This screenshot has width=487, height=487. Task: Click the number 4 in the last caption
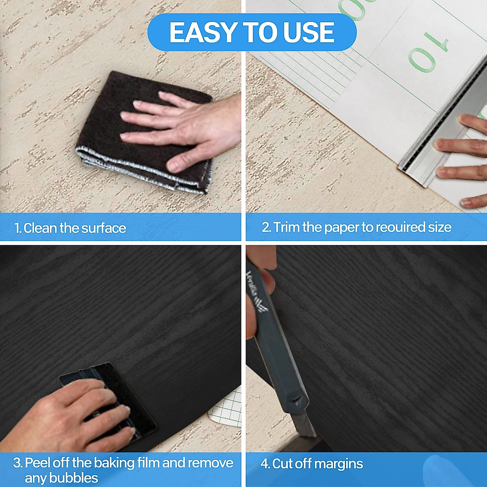point(265,464)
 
